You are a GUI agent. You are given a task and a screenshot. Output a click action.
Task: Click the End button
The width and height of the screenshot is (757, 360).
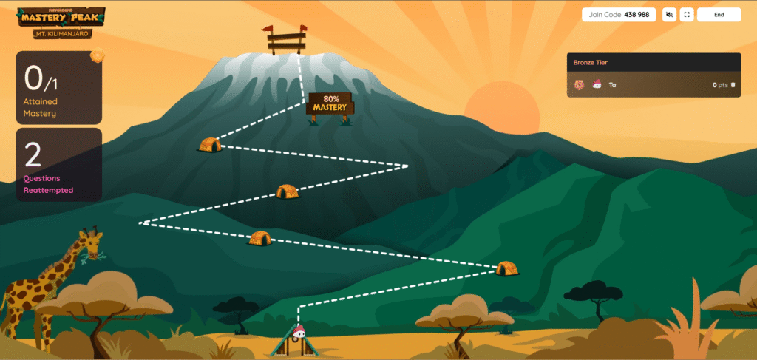click(719, 15)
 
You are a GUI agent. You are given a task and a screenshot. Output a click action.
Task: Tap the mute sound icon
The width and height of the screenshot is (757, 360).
click(669, 15)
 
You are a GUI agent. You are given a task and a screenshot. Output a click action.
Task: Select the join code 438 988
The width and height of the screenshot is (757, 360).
click(640, 15)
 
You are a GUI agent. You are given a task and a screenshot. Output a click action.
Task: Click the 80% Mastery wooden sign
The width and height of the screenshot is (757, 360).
click(330, 103)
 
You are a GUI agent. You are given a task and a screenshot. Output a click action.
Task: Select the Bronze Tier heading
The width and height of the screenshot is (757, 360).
click(590, 63)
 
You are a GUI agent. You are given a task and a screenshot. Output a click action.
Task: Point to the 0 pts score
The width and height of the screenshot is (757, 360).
click(720, 85)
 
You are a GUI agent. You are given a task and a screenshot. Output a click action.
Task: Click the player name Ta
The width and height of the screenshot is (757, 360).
click(613, 85)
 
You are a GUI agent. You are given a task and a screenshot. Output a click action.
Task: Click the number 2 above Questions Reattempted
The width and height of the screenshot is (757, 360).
click(33, 155)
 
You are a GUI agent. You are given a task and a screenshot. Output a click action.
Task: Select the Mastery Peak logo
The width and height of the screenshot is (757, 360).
click(61, 16)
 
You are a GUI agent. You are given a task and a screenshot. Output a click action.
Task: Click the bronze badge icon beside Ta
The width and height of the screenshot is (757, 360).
click(580, 85)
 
